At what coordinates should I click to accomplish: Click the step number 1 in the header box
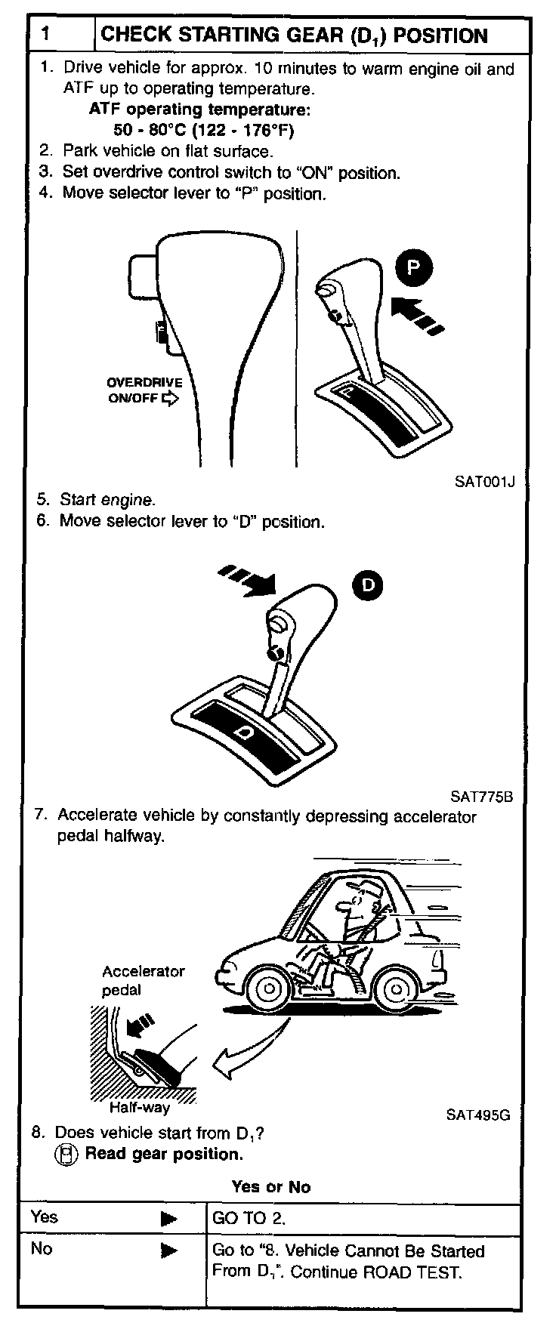46,35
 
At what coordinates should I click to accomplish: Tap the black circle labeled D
367,584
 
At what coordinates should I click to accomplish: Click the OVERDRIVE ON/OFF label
144,390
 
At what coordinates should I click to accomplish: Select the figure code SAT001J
484,481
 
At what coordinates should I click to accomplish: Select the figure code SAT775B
481,796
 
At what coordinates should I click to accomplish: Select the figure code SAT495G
478,1114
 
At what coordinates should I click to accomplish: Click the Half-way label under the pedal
140,1108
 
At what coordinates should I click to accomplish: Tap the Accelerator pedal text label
143,980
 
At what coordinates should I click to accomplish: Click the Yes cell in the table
45,1217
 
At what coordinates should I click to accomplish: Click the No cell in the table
42,1248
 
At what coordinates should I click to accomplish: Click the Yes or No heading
271,1186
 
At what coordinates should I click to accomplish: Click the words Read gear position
164,1154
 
